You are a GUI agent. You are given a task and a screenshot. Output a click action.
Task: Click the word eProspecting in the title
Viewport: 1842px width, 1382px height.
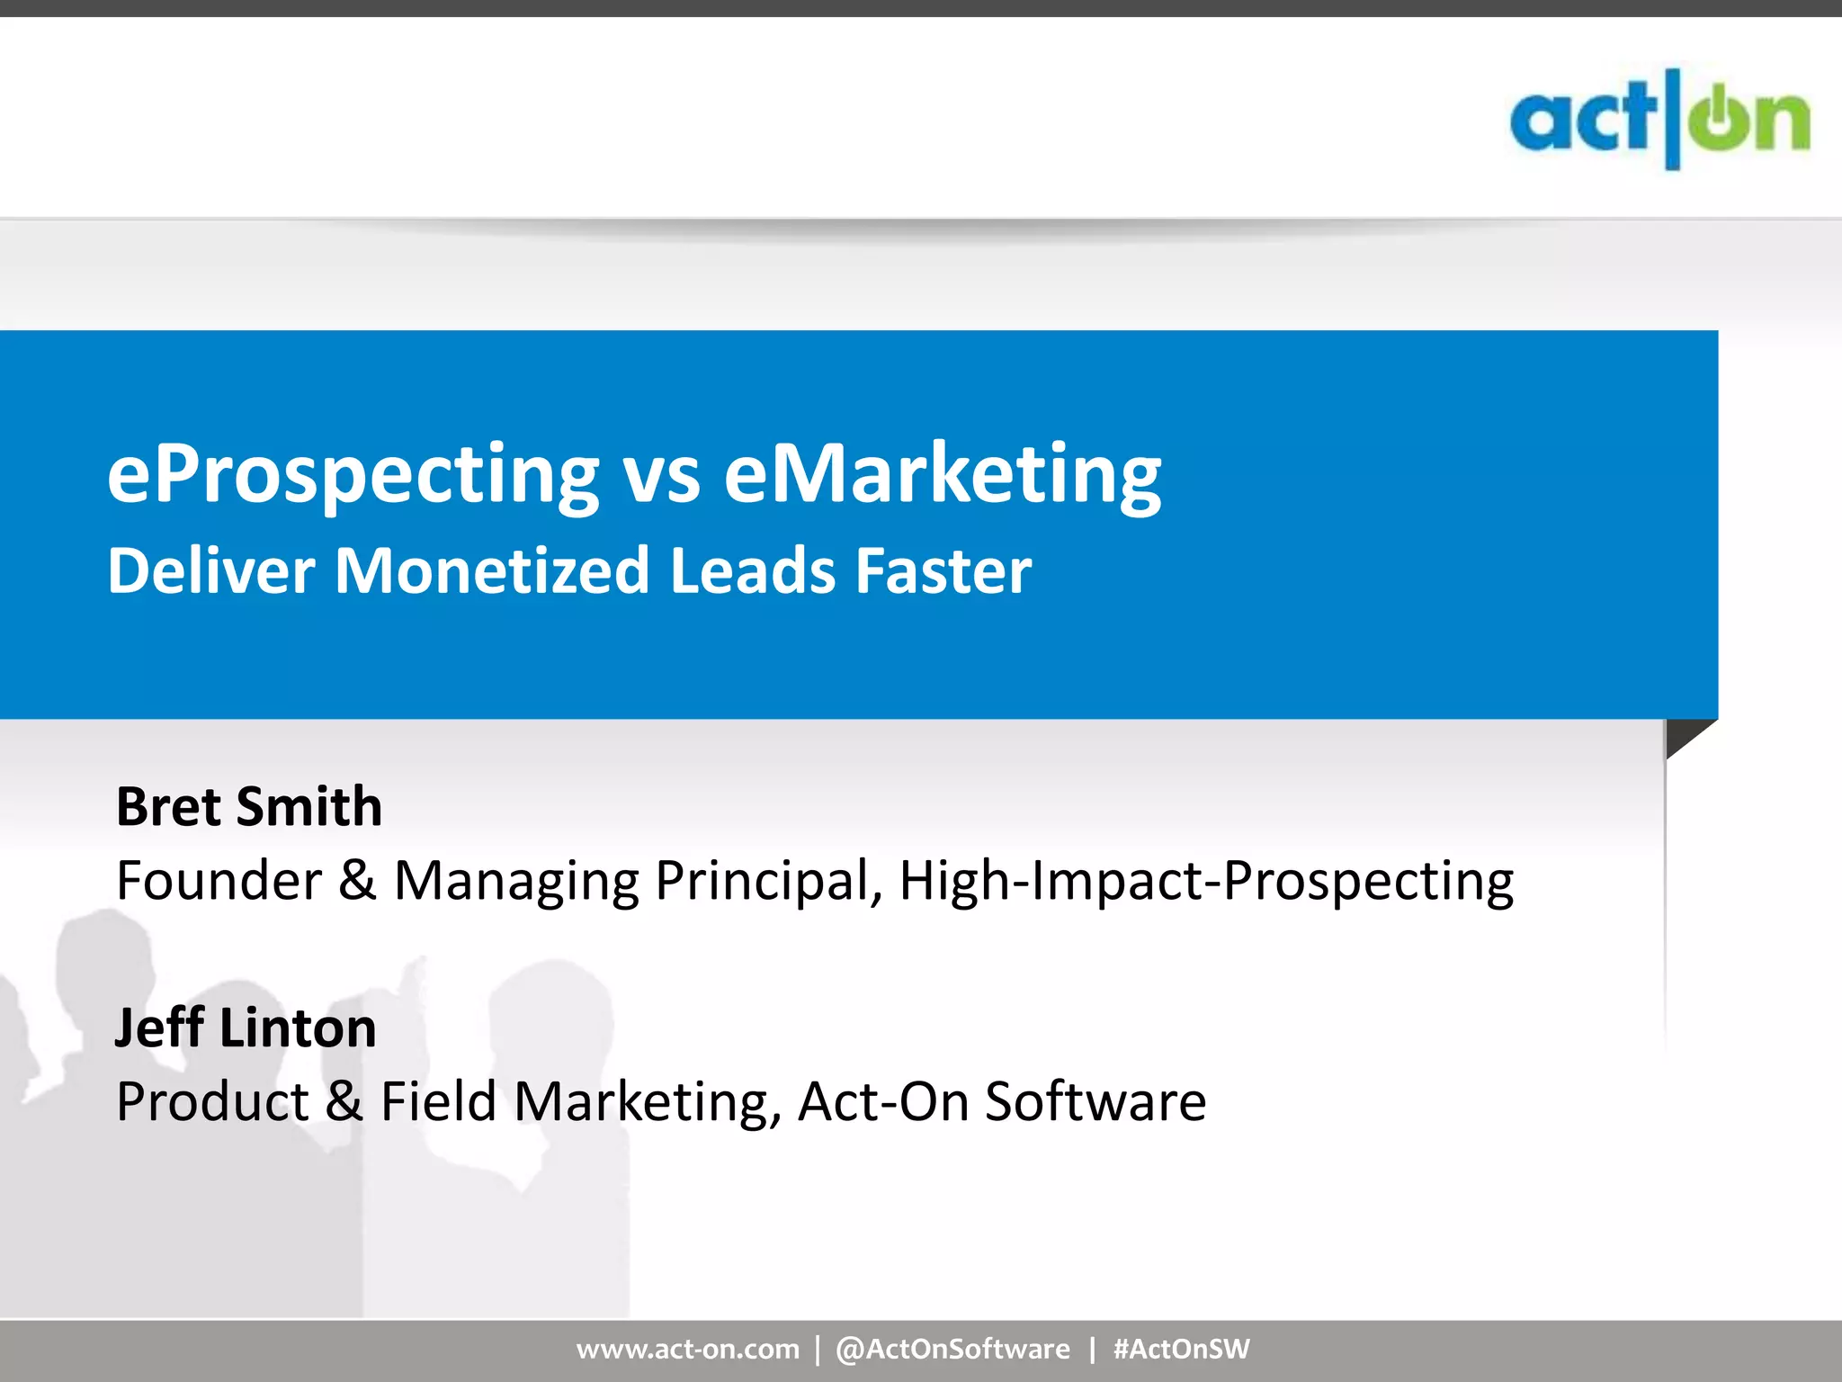(x=353, y=476)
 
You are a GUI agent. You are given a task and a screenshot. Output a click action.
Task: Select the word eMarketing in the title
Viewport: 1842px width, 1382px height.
(x=942, y=476)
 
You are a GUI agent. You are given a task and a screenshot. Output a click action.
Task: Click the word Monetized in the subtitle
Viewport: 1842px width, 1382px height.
(x=491, y=571)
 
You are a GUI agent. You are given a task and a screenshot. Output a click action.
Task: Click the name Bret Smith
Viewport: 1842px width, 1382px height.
(x=249, y=806)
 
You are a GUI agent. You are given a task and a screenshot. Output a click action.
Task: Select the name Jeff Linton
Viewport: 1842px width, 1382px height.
(x=246, y=1028)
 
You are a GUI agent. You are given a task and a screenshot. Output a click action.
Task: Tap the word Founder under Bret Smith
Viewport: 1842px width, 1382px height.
(x=219, y=880)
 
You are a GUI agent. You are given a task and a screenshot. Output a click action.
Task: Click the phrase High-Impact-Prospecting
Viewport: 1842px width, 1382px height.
(x=1206, y=882)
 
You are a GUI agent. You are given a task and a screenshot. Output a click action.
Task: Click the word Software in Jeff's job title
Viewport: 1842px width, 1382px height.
(x=1095, y=1101)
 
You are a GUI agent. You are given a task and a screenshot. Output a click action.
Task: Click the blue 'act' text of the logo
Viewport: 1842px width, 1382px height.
(x=1582, y=121)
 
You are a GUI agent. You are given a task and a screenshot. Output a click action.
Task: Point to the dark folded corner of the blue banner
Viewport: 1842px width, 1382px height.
(x=1683, y=734)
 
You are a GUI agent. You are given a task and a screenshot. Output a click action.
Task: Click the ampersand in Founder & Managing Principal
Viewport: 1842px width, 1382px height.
(x=357, y=880)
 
